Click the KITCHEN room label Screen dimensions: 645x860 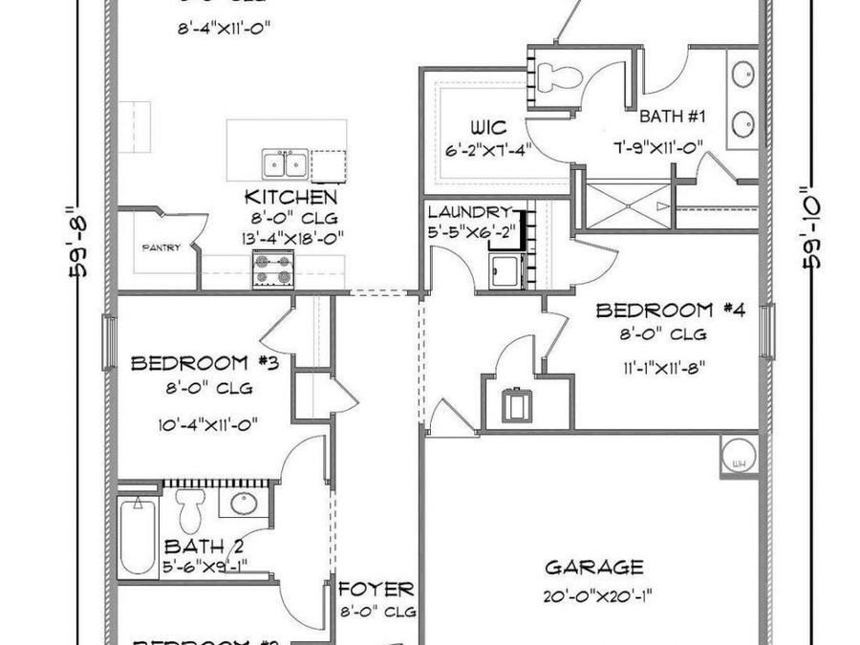coord(290,197)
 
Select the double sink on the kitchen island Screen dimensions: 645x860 coord(284,164)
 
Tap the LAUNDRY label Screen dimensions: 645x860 coord(469,211)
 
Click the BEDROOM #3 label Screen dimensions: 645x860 coord(204,363)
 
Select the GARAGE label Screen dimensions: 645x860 coord(593,568)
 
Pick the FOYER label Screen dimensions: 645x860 coord(376,589)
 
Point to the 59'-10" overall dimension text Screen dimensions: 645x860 coord(814,226)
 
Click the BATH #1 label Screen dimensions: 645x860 coord(673,118)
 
